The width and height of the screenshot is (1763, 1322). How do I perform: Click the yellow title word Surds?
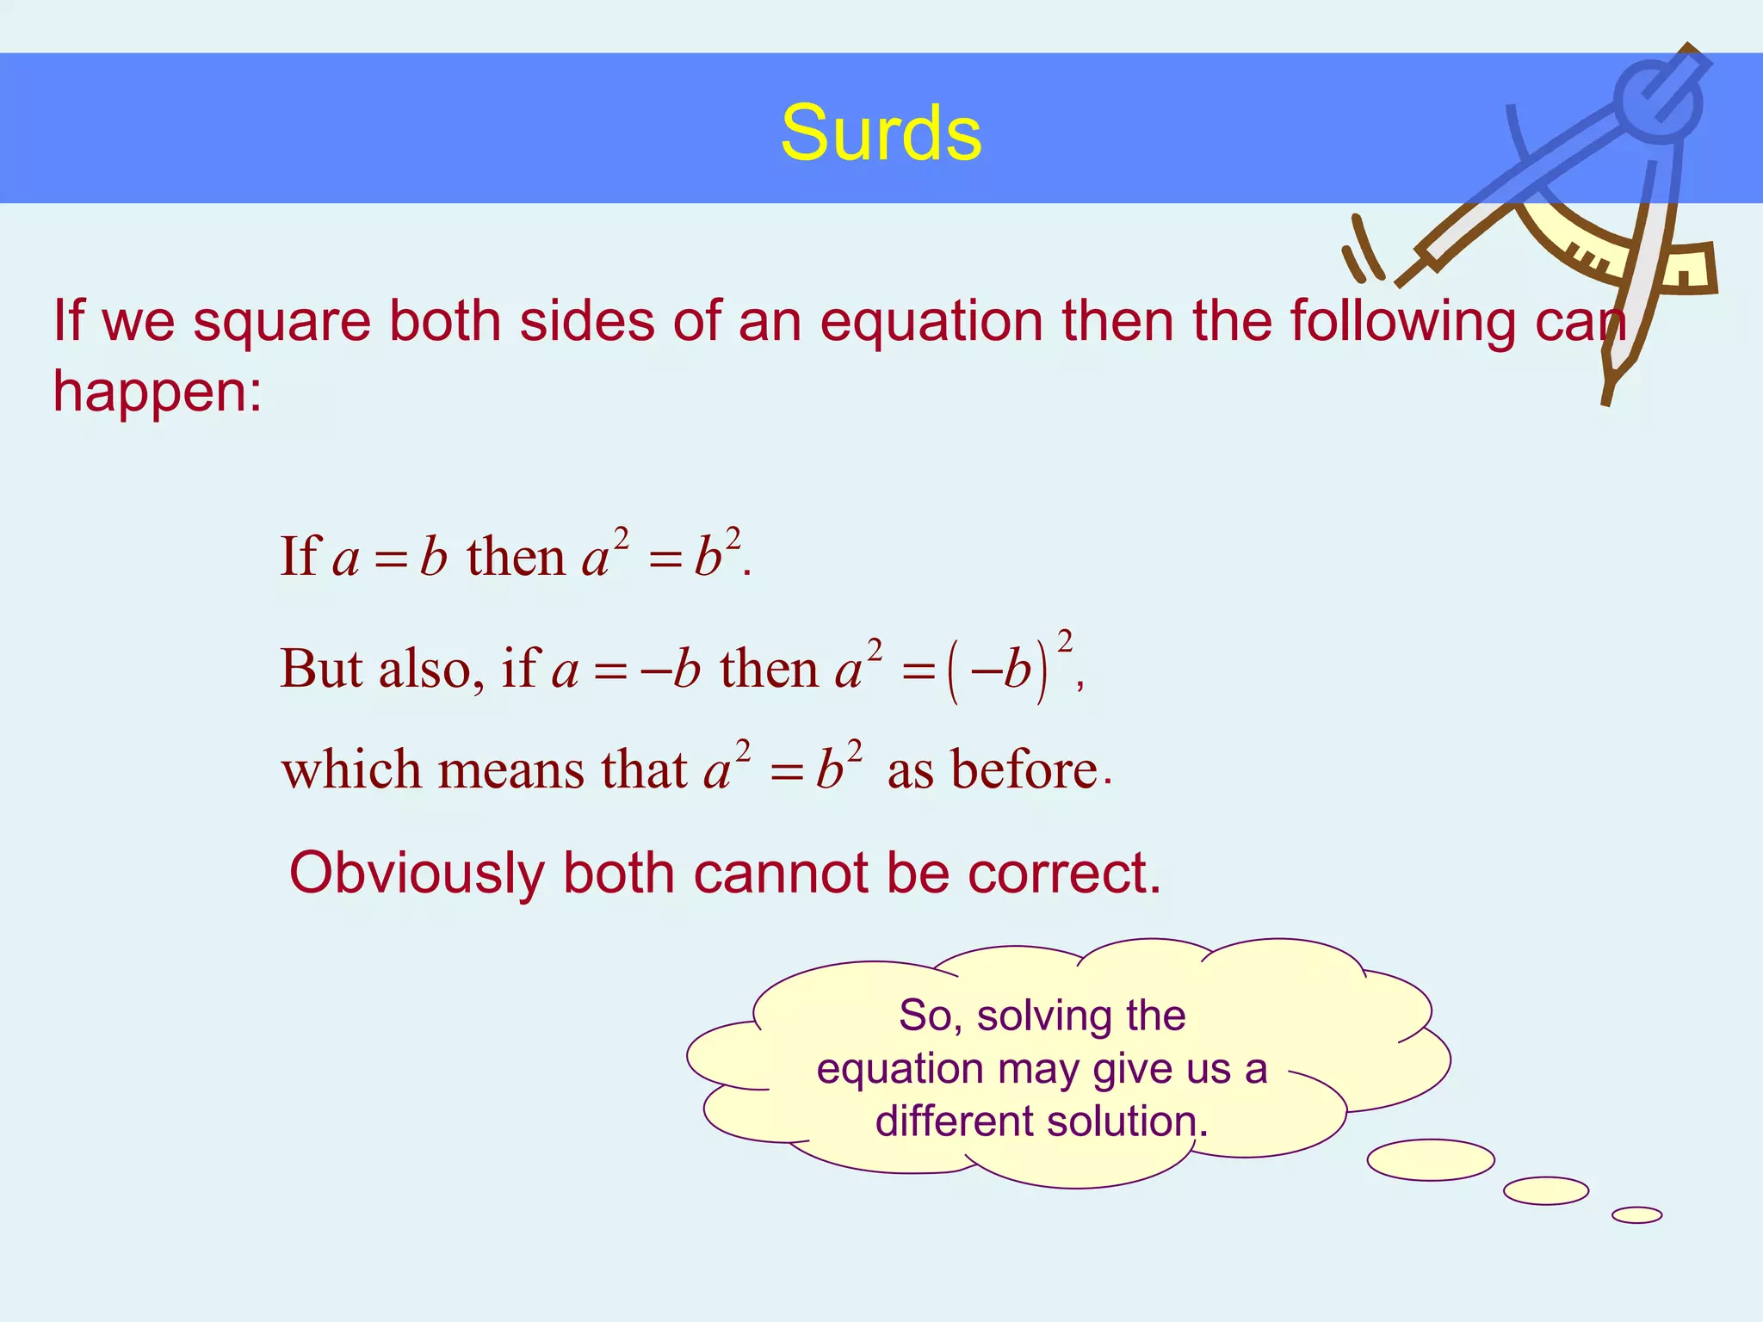click(x=881, y=133)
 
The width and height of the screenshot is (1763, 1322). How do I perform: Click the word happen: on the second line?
click(x=158, y=392)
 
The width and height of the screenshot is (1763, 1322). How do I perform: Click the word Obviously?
click(x=417, y=874)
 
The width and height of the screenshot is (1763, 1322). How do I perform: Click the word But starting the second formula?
click(x=320, y=669)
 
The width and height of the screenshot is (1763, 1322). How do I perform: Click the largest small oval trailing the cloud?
click(x=1431, y=1159)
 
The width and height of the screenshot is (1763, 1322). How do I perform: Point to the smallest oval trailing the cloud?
click(x=1636, y=1214)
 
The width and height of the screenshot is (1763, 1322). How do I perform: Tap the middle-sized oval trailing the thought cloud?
click(x=1546, y=1190)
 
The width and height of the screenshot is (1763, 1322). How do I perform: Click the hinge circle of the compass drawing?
click(x=1656, y=102)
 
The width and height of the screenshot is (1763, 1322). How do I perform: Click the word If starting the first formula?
click(x=300, y=556)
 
